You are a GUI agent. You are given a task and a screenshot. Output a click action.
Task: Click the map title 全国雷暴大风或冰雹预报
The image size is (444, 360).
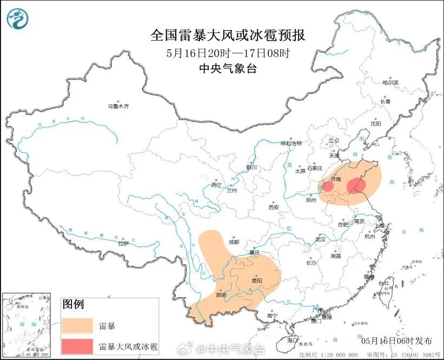(228, 36)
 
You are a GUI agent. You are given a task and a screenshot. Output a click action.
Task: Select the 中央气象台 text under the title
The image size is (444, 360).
(228, 68)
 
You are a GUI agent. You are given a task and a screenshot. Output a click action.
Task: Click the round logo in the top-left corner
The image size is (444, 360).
(17, 19)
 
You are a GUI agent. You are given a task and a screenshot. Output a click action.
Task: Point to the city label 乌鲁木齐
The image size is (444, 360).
(118, 107)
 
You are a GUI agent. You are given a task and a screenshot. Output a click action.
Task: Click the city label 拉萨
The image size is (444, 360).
(123, 243)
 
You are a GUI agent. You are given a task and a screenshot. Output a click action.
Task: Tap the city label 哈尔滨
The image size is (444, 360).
(390, 83)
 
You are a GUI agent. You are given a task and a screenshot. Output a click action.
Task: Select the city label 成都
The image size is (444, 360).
(234, 242)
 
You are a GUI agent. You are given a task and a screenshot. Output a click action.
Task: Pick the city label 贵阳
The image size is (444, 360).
(257, 280)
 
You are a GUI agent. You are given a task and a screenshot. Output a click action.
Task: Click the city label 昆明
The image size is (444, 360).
(221, 295)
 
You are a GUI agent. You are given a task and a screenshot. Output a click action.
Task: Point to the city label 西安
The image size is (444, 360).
(273, 207)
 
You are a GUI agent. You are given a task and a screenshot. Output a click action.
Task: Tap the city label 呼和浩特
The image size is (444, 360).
(290, 143)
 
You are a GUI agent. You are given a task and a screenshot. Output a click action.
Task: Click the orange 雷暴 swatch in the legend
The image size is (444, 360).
(77, 326)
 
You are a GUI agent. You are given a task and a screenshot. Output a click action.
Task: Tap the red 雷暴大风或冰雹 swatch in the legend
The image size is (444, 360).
(77, 345)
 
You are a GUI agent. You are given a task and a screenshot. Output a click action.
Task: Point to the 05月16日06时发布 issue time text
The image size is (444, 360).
(396, 341)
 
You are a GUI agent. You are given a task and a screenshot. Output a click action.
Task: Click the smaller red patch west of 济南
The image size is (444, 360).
(328, 186)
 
